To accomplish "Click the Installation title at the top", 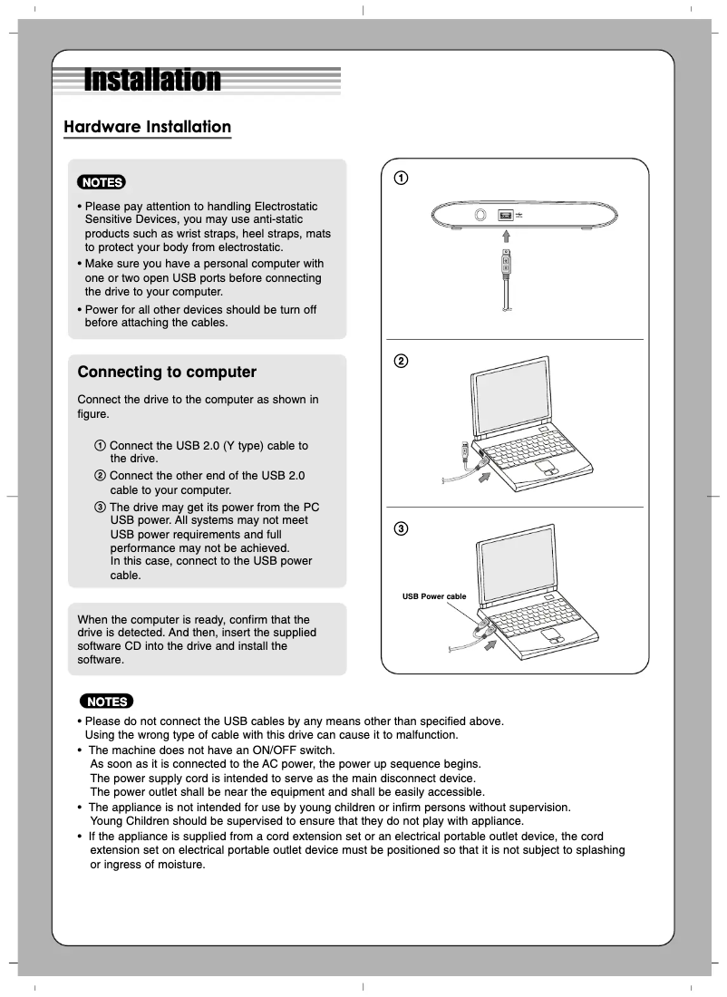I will click(x=152, y=81).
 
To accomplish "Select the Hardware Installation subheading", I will click(x=147, y=127).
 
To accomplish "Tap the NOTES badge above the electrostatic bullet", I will click(x=102, y=182).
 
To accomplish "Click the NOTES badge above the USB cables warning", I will click(x=106, y=702).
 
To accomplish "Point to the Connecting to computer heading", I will click(x=167, y=373).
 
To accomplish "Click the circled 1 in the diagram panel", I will click(x=400, y=177).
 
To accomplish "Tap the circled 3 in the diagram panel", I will click(x=400, y=528).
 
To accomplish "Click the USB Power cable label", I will click(x=434, y=596).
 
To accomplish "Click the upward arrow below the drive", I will click(x=507, y=234).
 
